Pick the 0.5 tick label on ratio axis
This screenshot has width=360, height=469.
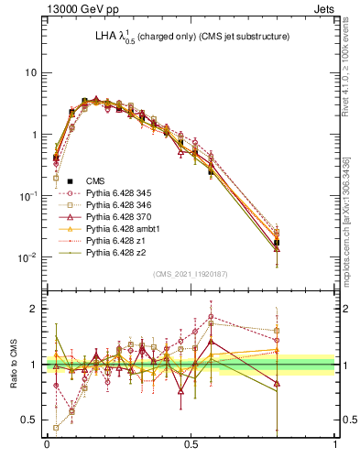(x=29, y=420)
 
